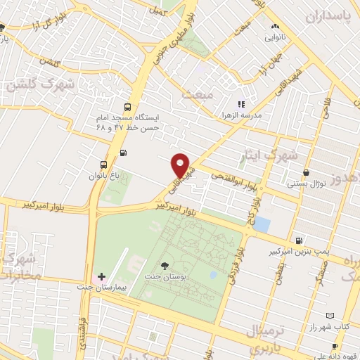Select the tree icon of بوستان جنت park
tap(165, 265)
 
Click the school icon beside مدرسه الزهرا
tap(241, 104)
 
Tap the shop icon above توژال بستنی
tap(306, 173)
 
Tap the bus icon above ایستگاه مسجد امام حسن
tap(127, 108)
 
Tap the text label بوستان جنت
tap(165, 277)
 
